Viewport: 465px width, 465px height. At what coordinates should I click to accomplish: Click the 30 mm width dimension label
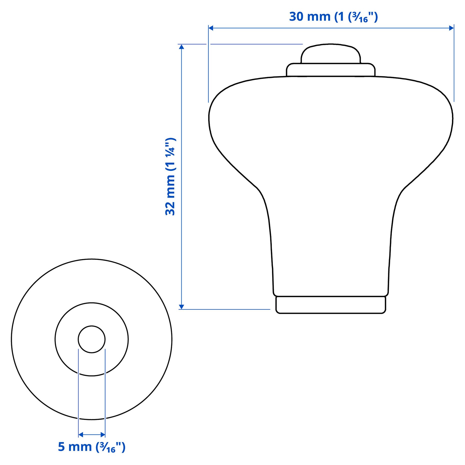[x=333, y=17]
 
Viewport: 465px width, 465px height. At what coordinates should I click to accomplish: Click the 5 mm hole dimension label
[x=91, y=447]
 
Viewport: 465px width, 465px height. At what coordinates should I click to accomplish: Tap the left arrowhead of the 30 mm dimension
[x=211, y=28]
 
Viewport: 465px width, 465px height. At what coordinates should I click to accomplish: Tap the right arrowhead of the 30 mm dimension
[x=451, y=28]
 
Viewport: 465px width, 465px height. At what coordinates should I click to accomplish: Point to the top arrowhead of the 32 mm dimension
[x=182, y=47]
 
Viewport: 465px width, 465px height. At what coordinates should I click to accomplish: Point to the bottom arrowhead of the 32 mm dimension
[x=182, y=307]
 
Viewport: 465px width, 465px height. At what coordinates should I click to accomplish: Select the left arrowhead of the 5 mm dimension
[x=80, y=435]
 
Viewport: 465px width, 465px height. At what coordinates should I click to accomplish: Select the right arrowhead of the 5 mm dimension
[x=103, y=435]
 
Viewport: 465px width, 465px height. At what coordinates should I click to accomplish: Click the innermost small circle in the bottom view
[x=91, y=339]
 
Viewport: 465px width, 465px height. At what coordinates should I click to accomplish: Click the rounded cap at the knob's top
[x=330, y=54]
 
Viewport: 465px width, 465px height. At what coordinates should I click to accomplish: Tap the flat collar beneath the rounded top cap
[x=330, y=70]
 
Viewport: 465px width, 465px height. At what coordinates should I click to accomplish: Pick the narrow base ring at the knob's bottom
[x=330, y=305]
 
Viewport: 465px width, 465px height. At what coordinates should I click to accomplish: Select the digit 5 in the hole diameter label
[x=61, y=447]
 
